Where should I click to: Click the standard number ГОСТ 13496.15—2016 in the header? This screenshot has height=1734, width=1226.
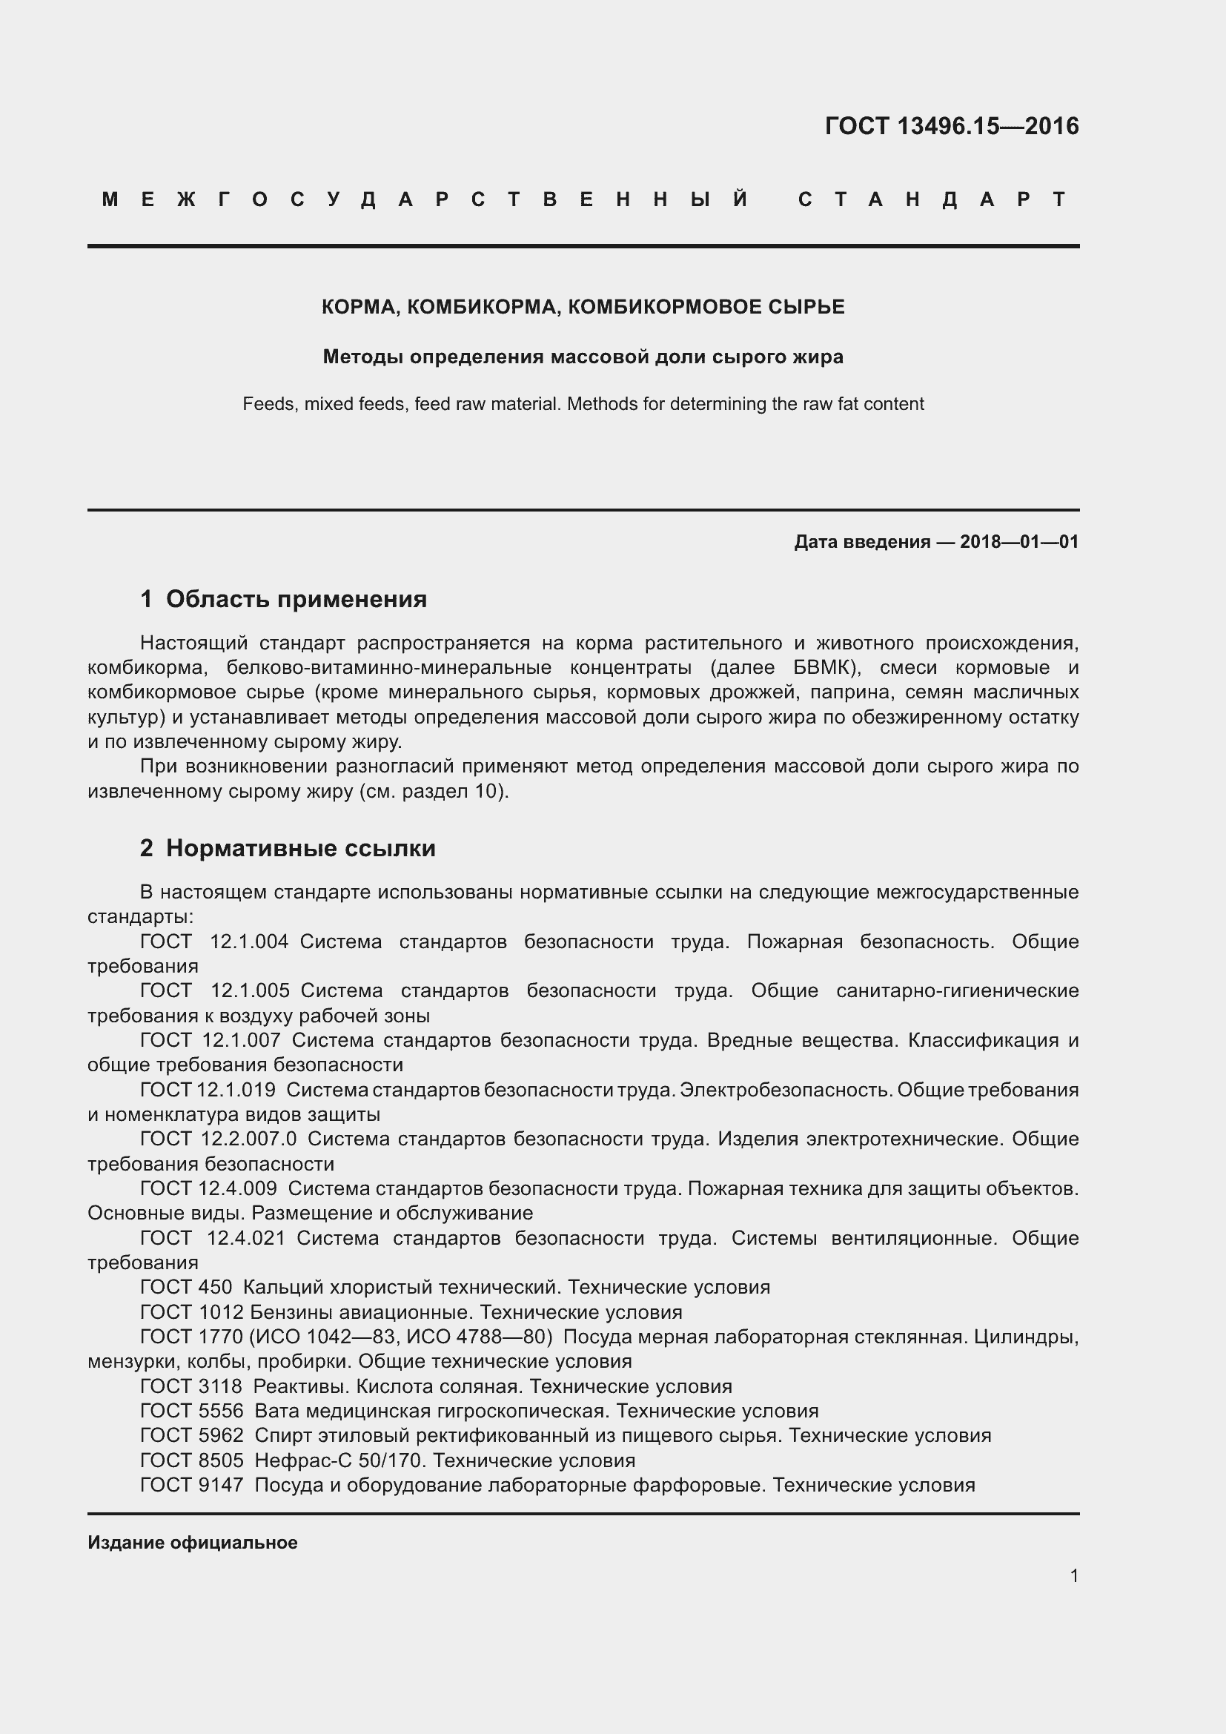click(x=951, y=125)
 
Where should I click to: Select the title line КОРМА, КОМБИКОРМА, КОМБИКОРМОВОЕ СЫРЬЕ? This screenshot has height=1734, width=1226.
click(x=583, y=307)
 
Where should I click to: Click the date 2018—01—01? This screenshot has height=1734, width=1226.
click(x=1019, y=541)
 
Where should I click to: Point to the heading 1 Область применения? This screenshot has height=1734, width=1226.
click(x=284, y=599)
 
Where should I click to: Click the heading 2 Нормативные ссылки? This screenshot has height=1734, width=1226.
click(x=288, y=848)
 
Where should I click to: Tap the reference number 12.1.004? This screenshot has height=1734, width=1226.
click(x=248, y=942)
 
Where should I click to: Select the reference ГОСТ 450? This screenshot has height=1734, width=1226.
click(x=186, y=1287)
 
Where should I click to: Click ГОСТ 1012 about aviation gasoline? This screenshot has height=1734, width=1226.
click(x=192, y=1312)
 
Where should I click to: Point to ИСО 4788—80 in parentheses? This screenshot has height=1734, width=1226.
click(x=475, y=1337)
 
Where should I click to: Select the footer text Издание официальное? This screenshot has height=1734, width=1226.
click(x=193, y=1542)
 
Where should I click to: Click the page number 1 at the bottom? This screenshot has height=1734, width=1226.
click(x=1073, y=1575)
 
